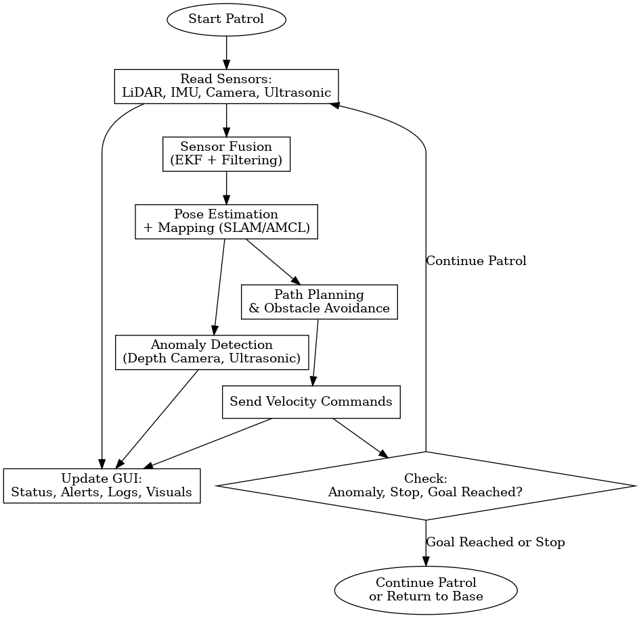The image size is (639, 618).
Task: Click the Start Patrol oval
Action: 226,19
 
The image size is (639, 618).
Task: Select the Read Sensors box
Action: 226,86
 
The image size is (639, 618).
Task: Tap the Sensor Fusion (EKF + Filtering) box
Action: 226,153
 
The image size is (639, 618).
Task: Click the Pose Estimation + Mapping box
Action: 226,221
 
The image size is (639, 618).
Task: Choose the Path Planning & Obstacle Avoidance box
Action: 319,302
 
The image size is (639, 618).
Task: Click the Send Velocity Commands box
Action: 311,402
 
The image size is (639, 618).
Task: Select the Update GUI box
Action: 102,485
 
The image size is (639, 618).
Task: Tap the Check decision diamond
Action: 425,485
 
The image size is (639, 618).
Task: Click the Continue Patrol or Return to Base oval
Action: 425,590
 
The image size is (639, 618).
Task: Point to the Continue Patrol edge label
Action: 476,261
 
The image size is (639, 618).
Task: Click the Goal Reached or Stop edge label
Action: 495,542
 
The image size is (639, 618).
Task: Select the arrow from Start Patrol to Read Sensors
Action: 226,50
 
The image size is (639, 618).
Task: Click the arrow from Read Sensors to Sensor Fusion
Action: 226,120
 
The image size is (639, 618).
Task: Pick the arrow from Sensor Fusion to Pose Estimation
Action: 226,187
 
